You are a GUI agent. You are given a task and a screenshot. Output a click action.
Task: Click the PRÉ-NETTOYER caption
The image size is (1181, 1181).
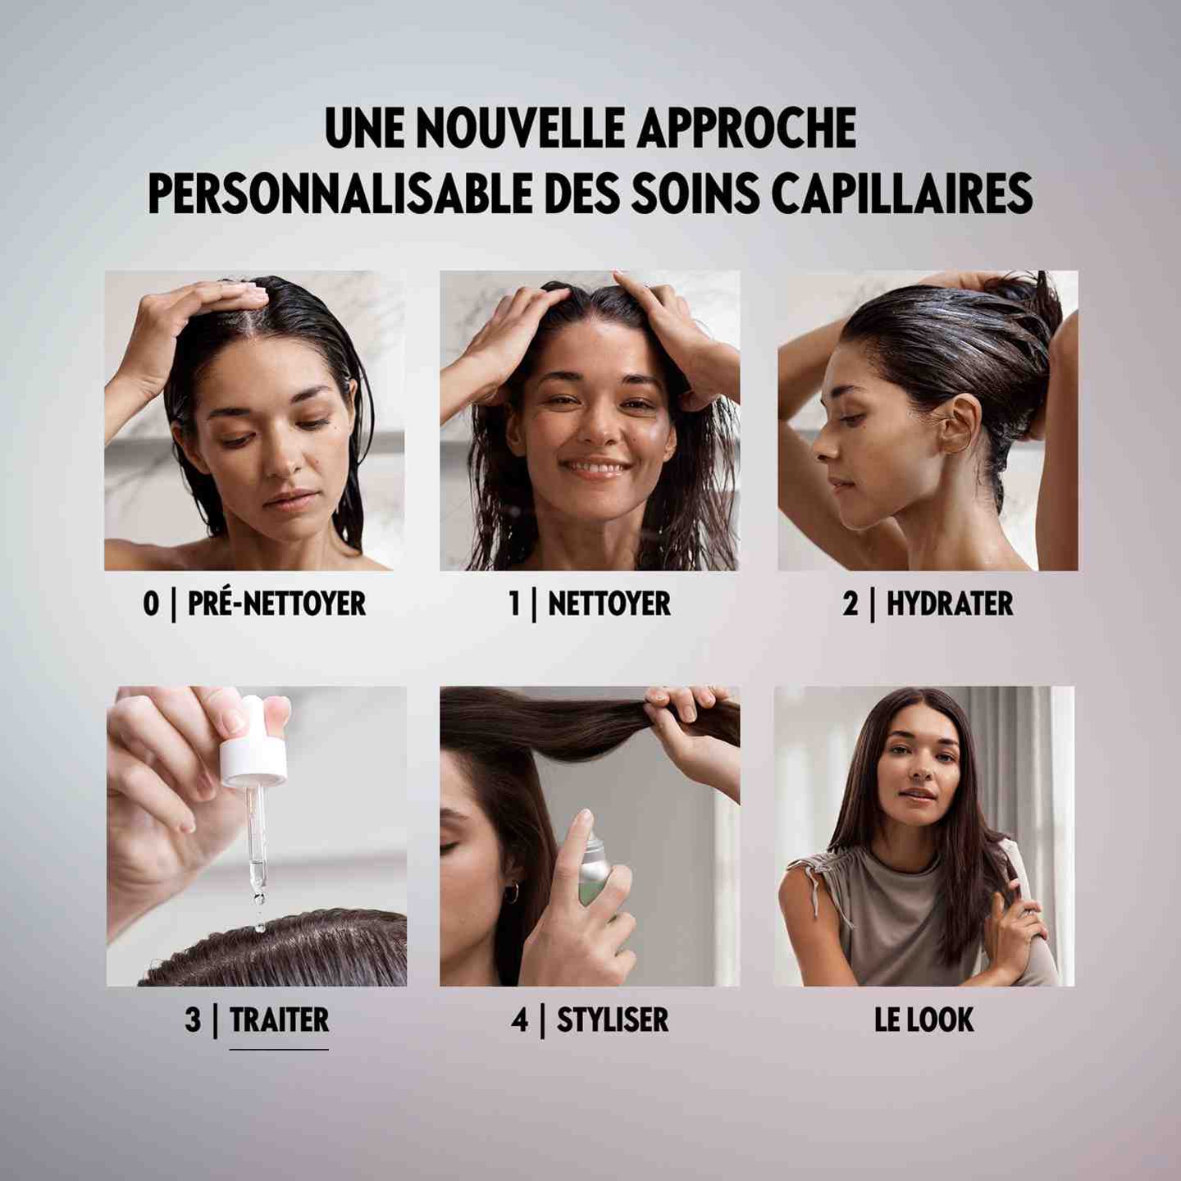pyautogui.click(x=276, y=604)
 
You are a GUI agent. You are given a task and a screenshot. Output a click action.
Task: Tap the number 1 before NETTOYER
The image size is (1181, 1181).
pyautogui.click(x=514, y=604)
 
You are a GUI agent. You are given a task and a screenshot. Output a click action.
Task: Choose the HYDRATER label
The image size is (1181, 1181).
pyautogui.click(x=949, y=604)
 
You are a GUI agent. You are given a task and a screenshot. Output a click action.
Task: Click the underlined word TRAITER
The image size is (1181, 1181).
pyautogui.click(x=279, y=1020)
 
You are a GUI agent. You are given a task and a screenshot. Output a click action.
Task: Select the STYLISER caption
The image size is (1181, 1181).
pyautogui.click(x=612, y=1020)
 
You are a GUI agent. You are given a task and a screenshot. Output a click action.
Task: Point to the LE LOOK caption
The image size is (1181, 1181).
pyautogui.click(x=924, y=1020)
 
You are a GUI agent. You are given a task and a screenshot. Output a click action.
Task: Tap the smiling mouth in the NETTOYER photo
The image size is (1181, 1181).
pyautogui.click(x=595, y=469)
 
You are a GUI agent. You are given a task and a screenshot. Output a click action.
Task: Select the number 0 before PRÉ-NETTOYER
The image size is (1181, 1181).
pyautogui.click(x=151, y=604)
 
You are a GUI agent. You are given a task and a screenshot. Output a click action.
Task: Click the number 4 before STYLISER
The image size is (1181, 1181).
pyautogui.click(x=520, y=1020)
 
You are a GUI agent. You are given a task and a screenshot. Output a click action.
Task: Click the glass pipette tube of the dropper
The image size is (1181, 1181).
pyautogui.click(x=257, y=837)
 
